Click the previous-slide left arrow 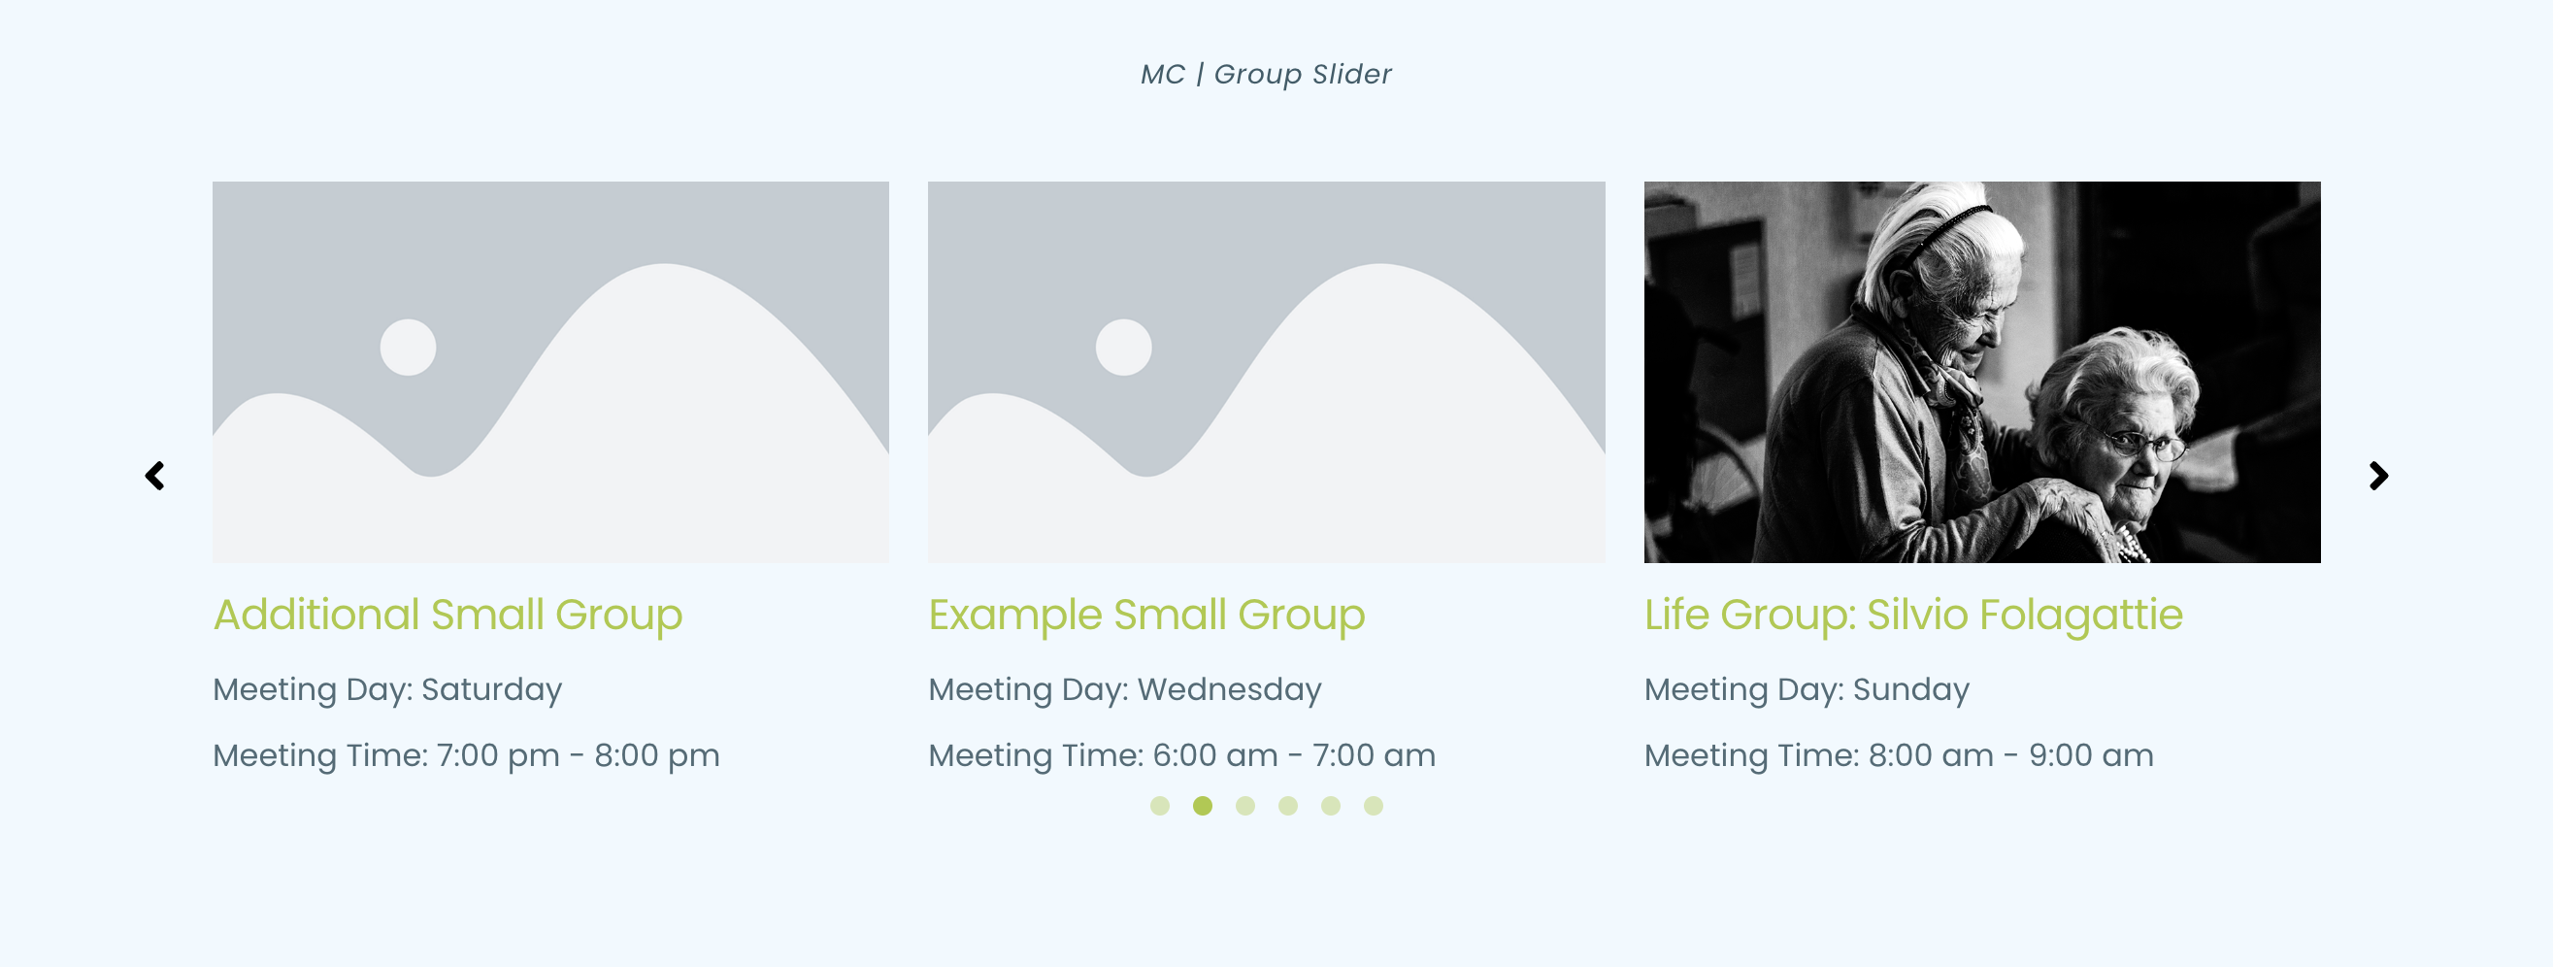(x=154, y=476)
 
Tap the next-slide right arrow (x=2378, y=476)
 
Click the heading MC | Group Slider (x=1266, y=75)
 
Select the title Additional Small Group (x=448, y=615)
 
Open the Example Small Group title (x=1146, y=615)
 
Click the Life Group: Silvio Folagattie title (x=1912, y=615)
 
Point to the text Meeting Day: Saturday (x=387, y=689)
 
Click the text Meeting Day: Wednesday (x=1125, y=689)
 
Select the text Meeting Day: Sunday (x=1807, y=689)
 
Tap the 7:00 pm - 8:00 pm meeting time (x=578, y=756)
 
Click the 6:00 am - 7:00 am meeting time (x=1293, y=756)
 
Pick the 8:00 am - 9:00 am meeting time (x=2010, y=756)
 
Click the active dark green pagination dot (x=1202, y=806)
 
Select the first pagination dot (x=1160, y=806)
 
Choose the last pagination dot (x=1373, y=806)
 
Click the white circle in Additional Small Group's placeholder (x=409, y=348)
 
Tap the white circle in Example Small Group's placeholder (x=1124, y=348)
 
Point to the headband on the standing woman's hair (x=1942, y=223)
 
